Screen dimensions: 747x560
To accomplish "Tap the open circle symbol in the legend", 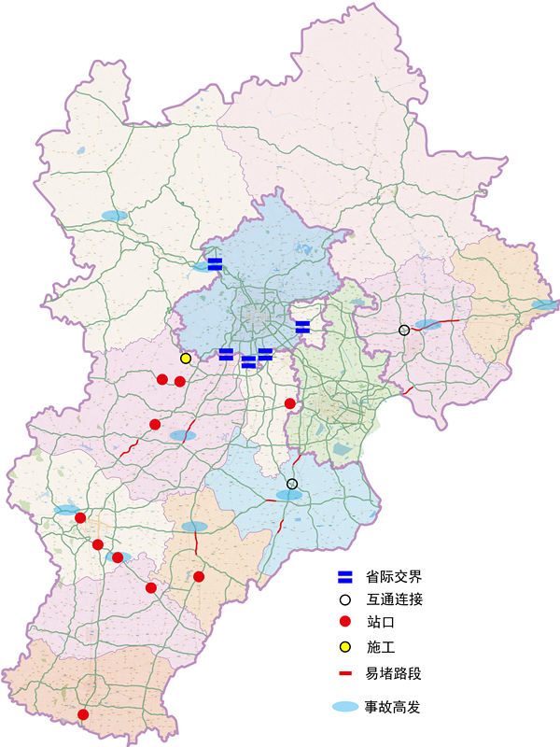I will (x=344, y=599).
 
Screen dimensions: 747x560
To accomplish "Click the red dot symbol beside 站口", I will (x=344, y=623).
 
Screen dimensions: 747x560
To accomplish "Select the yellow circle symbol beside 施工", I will (x=344, y=646).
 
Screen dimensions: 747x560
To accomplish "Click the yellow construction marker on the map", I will (x=186, y=359).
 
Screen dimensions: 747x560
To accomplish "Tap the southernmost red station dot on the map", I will (x=83, y=714).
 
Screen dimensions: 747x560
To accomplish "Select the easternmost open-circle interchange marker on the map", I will (x=404, y=330).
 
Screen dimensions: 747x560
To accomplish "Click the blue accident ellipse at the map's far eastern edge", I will (x=544, y=305).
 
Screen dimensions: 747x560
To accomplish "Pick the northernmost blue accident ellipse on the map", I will (x=114, y=216).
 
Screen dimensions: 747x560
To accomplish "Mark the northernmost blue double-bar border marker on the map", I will (x=215, y=263).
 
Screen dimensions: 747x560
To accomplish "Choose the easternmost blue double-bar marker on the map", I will (x=302, y=326).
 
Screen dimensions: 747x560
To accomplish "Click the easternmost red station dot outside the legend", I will (x=290, y=403).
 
